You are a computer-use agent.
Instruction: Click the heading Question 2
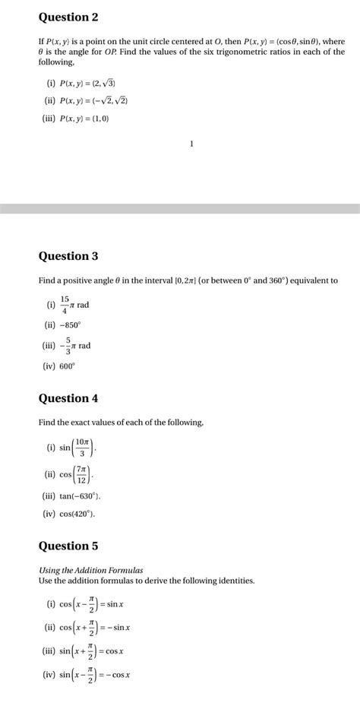(68, 17)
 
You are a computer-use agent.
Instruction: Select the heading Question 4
(68, 398)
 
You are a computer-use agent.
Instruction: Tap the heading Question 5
(68, 546)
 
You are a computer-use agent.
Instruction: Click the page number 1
(192, 143)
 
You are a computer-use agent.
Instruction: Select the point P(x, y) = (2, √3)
(87, 82)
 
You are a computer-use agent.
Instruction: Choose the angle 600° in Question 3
(68, 366)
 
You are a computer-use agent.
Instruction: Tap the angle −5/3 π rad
(76, 345)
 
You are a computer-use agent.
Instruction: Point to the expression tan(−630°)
(80, 496)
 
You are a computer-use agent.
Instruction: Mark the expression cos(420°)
(77, 514)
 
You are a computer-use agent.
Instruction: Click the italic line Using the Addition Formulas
(90, 570)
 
